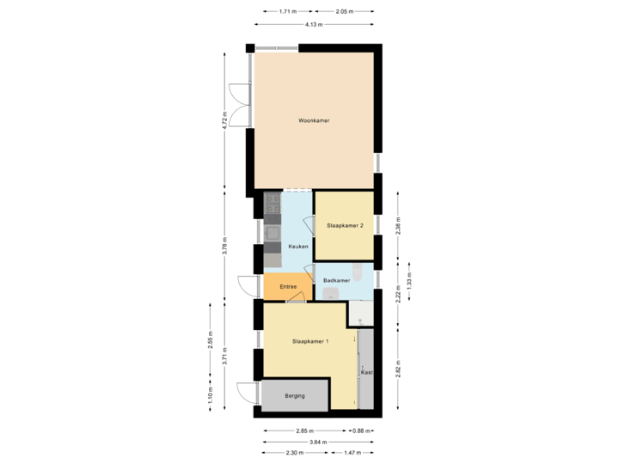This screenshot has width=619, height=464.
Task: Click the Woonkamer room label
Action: [314, 121]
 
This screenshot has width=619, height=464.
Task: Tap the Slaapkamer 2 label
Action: [345, 225]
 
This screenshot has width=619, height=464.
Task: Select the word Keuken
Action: [298, 247]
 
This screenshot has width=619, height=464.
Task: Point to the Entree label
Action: [288, 286]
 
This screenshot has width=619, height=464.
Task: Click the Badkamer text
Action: [336, 280]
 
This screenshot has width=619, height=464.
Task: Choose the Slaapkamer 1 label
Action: [310, 341]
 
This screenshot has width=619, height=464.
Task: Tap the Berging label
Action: [296, 397]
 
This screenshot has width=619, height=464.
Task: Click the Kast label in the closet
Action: [366, 373]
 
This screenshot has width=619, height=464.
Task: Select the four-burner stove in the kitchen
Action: [273, 204]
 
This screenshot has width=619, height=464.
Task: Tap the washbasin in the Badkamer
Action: [331, 294]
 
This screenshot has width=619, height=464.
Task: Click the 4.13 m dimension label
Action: [314, 25]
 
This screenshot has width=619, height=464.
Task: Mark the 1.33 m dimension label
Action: [408, 282]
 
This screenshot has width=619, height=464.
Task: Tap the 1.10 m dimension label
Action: [211, 394]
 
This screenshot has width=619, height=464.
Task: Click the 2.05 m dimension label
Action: [345, 12]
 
